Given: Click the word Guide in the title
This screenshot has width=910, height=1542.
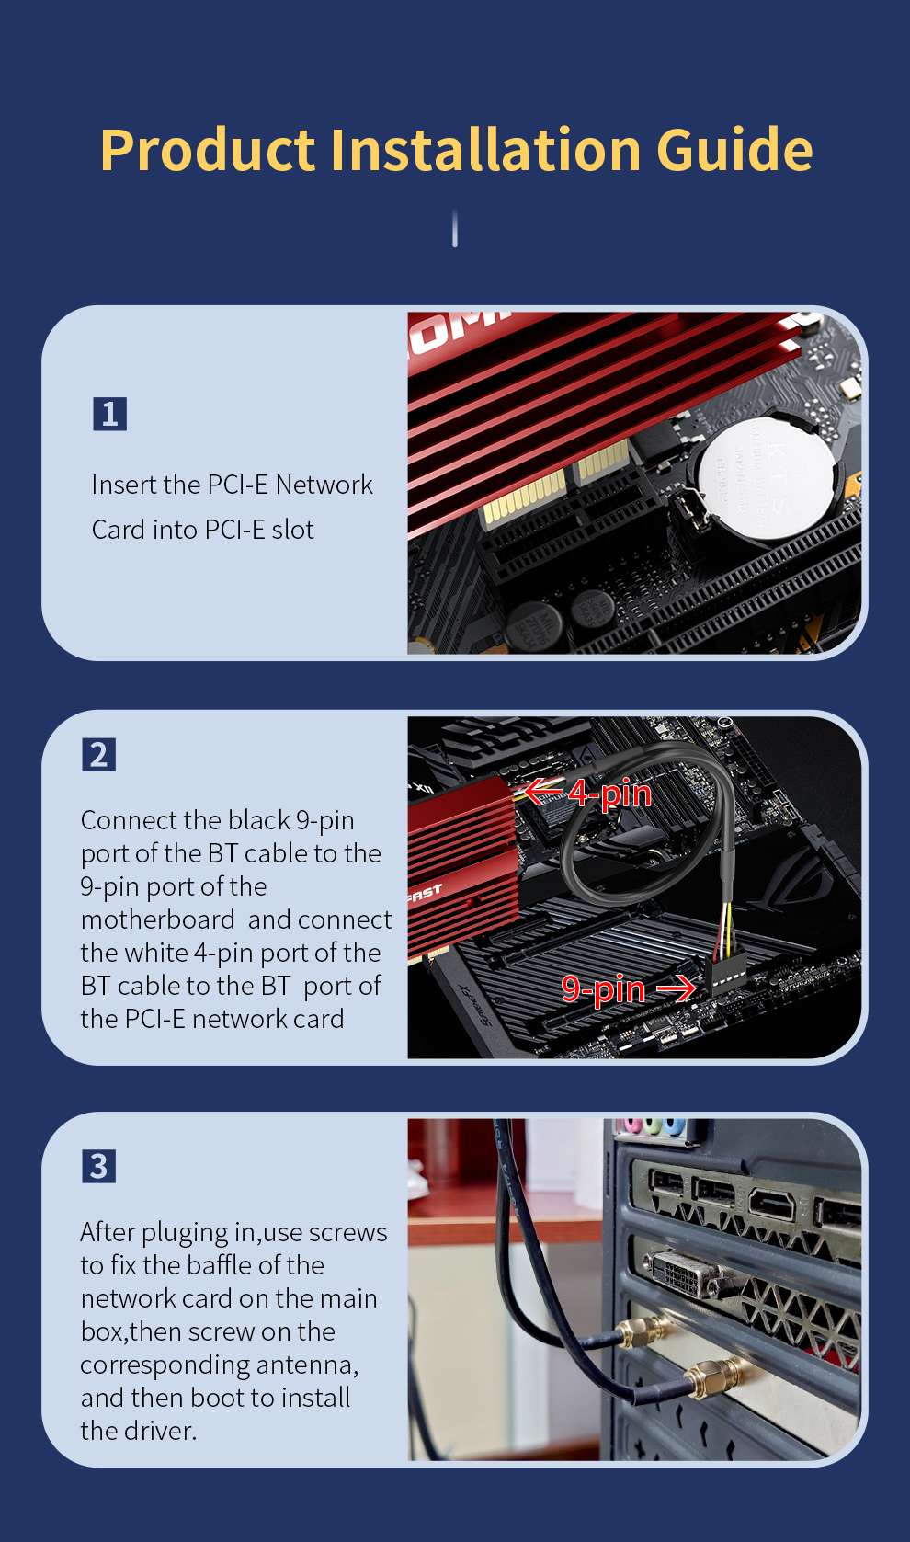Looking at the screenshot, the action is [x=734, y=149].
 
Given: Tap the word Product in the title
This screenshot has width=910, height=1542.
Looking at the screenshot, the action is [x=208, y=149].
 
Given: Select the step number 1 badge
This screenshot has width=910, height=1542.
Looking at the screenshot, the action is [x=110, y=414].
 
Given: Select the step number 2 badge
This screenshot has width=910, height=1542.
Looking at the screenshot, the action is [x=99, y=755].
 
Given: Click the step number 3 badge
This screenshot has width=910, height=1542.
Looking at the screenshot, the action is [x=99, y=1166].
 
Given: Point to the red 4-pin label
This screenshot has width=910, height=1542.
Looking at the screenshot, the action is [x=609, y=793].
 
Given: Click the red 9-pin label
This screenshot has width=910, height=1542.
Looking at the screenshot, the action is [x=603, y=988].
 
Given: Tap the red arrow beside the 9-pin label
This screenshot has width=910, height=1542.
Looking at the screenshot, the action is [x=676, y=988].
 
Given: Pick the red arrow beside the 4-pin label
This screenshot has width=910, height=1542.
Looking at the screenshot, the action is [x=543, y=791].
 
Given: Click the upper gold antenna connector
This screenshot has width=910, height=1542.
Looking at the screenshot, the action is [x=643, y=1332].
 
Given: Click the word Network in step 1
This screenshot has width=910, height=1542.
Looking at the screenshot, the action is [x=324, y=485].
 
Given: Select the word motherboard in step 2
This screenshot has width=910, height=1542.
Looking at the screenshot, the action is [x=157, y=919].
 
